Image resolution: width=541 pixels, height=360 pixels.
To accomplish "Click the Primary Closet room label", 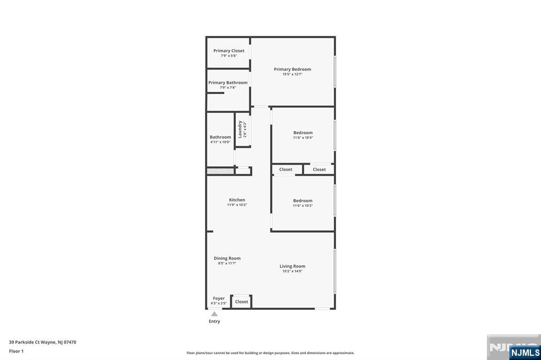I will (x=229, y=51).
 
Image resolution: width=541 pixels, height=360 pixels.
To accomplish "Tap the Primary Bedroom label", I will (x=292, y=69).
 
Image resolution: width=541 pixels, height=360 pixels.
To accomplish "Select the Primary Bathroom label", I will (x=228, y=83).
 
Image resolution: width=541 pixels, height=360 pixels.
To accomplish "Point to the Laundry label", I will (x=240, y=129).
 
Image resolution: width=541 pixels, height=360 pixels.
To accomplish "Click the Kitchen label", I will (x=237, y=200).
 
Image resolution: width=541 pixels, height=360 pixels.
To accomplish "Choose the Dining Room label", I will (x=227, y=258).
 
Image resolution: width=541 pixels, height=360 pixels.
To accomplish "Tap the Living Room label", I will (x=292, y=266).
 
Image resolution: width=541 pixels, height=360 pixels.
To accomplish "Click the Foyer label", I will (x=219, y=298).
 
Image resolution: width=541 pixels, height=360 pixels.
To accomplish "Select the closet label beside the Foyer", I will (x=241, y=302).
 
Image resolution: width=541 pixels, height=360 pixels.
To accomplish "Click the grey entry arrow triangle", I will (x=214, y=314).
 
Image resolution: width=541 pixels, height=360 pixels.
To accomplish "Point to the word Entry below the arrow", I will (x=214, y=321).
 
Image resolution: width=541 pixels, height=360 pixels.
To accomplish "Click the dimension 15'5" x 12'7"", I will (x=292, y=74).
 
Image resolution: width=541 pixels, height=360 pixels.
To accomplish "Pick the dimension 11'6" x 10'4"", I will (x=303, y=138).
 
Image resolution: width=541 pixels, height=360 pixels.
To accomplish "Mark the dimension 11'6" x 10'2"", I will (x=303, y=206).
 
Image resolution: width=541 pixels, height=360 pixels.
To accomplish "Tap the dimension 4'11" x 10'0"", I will (x=220, y=142).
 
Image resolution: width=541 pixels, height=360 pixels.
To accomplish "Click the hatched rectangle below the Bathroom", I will (x=220, y=171).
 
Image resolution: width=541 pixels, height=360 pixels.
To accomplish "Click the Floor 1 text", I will (x=16, y=351).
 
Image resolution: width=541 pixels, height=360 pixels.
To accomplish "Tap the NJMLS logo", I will (x=525, y=353).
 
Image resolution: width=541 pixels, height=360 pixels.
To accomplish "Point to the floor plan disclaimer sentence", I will (x=270, y=353).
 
